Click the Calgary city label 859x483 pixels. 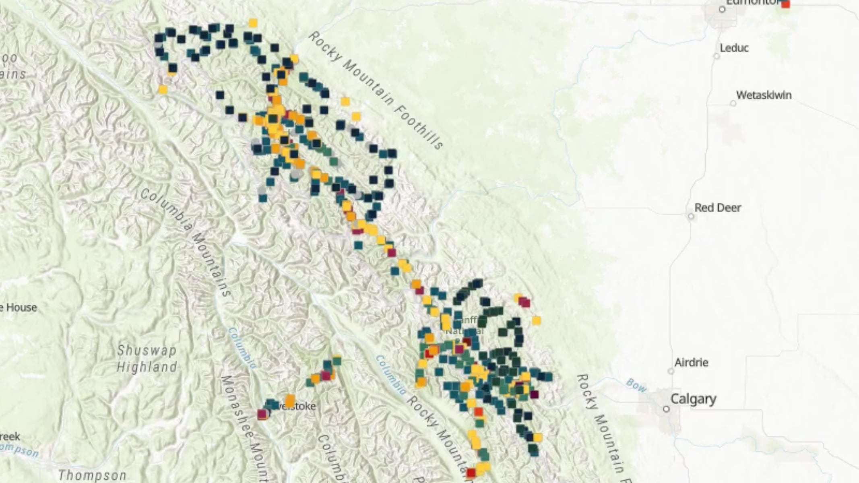pos(693,399)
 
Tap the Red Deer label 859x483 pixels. pos(718,208)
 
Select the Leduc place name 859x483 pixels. pos(734,48)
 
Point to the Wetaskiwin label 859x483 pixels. pos(764,95)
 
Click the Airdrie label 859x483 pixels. pos(691,363)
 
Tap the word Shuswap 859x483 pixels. pos(147,350)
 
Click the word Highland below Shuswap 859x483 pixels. pos(147,367)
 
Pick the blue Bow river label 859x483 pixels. pos(636,385)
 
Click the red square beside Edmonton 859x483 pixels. pos(785,4)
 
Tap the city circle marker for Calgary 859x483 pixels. pos(666,409)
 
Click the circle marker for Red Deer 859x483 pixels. pos(691,217)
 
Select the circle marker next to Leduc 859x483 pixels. pos(717,56)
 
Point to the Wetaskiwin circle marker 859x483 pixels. pos(733,104)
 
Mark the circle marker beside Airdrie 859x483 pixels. pos(671,371)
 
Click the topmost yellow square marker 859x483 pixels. pos(253,23)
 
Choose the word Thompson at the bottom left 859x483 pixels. pos(92,475)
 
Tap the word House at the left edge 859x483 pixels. pos(21,308)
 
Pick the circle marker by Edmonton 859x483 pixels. pos(722,9)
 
